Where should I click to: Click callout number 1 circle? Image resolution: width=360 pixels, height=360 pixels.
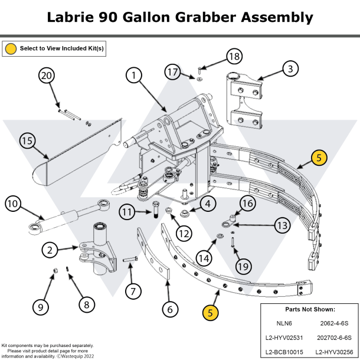[134, 75]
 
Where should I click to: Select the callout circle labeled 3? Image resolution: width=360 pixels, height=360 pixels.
[290, 69]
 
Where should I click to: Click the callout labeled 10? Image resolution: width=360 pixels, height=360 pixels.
[13, 204]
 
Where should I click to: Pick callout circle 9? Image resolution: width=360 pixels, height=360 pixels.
[40, 306]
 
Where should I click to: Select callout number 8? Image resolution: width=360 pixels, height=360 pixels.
[86, 305]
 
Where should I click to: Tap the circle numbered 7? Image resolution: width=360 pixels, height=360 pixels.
[133, 291]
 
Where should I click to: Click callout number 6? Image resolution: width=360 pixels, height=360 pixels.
[169, 308]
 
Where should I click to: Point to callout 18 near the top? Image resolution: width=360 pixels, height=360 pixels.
[234, 57]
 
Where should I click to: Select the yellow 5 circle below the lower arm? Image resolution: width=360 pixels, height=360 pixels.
[210, 312]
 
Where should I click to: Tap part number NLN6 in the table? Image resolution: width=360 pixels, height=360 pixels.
[284, 323]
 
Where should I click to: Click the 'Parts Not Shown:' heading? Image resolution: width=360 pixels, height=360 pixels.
[309, 309]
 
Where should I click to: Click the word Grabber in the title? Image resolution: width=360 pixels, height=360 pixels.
[205, 17]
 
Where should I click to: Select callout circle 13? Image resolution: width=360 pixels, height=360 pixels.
[282, 225]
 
